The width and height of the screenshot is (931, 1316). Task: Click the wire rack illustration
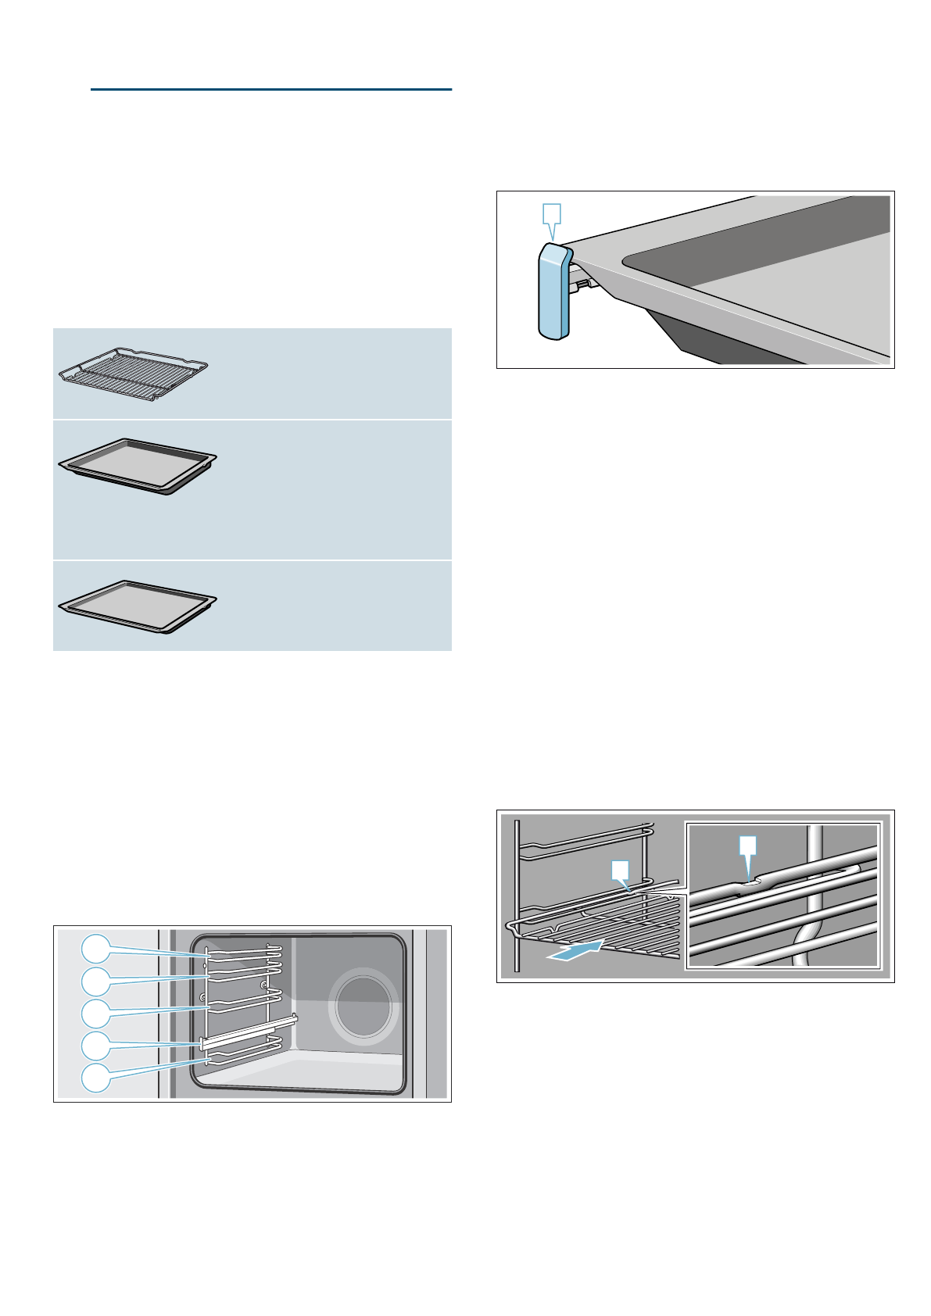point(133,374)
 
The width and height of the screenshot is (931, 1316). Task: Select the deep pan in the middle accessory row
point(138,466)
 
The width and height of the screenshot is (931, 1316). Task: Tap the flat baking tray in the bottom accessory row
point(138,605)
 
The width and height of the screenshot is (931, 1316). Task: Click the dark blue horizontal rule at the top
point(270,89)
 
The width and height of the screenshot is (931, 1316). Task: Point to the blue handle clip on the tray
point(553,291)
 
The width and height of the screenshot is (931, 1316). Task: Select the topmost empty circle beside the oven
point(95,949)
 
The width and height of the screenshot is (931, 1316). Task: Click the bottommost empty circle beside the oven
point(95,1076)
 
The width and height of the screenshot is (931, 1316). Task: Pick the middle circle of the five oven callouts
point(95,1013)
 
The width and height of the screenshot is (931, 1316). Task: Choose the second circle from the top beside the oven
point(95,981)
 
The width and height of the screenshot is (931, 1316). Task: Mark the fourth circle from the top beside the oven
point(95,1045)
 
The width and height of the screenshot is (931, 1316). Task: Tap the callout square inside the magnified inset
point(748,845)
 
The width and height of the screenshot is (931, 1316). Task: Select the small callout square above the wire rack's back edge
point(620,869)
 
